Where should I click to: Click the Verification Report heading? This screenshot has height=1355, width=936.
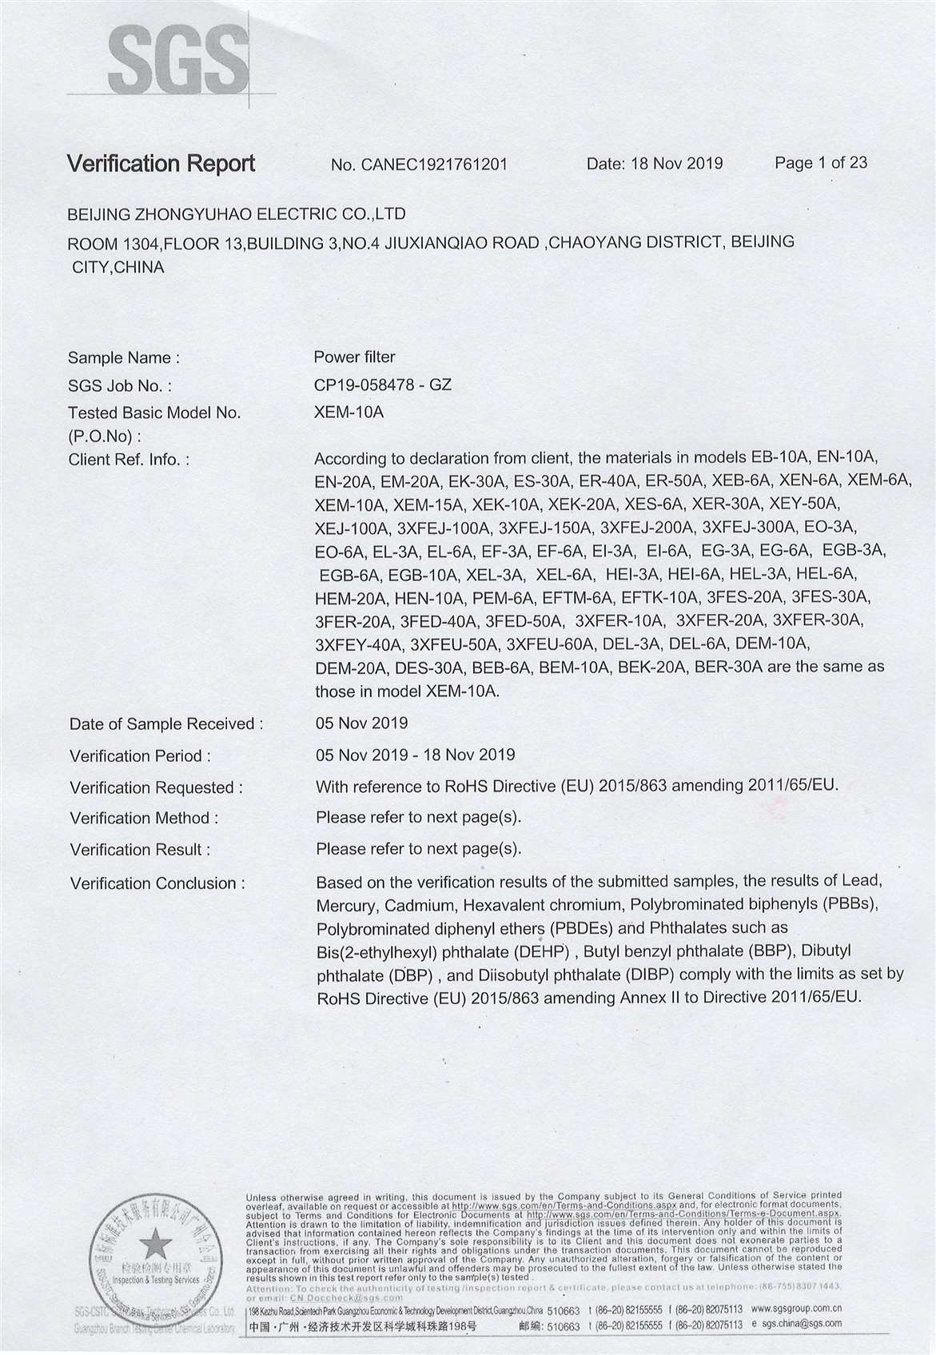pyautogui.click(x=161, y=164)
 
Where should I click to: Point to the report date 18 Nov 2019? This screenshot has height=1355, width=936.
pyautogui.click(x=676, y=164)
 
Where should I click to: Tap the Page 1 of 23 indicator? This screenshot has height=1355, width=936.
pyautogui.click(x=821, y=163)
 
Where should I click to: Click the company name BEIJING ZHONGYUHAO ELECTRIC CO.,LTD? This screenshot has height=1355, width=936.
pyautogui.click(x=237, y=214)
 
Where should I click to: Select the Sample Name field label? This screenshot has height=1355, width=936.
pyautogui.click(x=123, y=357)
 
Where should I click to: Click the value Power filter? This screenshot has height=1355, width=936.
pyautogui.click(x=354, y=357)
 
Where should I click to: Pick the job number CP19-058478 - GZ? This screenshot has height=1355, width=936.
pyautogui.click(x=383, y=385)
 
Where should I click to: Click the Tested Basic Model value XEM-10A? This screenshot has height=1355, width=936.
pyautogui.click(x=349, y=412)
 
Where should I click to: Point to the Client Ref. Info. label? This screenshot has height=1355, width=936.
pyautogui.click(x=129, y=460)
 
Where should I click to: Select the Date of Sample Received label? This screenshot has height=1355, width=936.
pyautogui.click(x=166, y=724)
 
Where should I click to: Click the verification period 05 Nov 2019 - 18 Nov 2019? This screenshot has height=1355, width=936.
pyautogui.click(x=415, y=755)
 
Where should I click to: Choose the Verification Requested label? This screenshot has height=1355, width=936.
pyautogui.click(x=156, y=787)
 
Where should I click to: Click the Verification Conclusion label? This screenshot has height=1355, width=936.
pyautogui.click(x=157, y=883)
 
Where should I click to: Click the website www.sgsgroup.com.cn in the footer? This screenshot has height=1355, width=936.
pyautogui.click(x=796, y=1309)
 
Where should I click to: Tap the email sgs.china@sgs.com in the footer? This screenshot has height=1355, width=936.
pyautogui.click(x=802, y=1324)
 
